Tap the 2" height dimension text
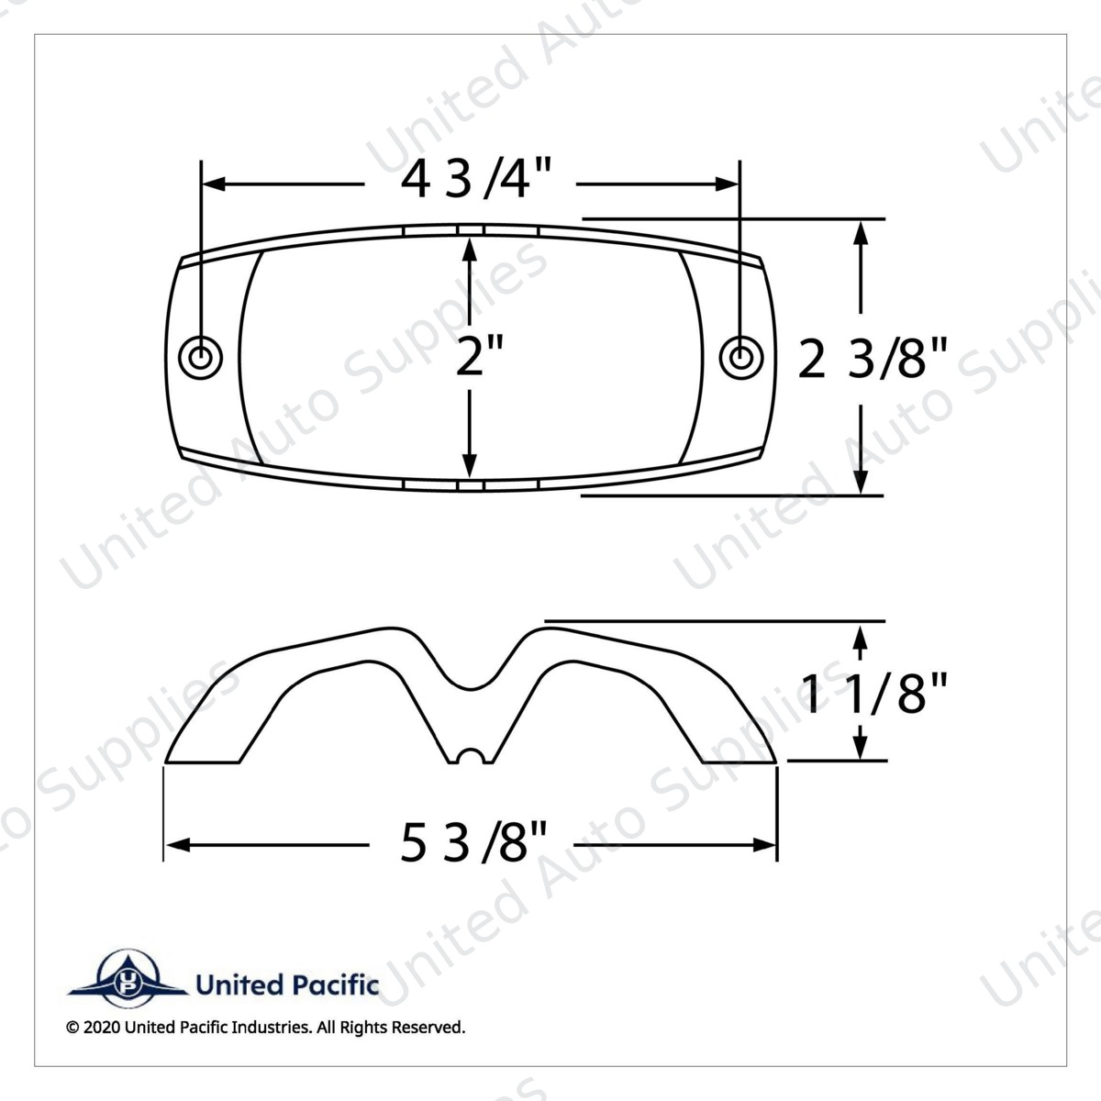(x=479, y=357)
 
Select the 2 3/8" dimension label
(x=872, y=358)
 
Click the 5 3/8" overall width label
(x=473, y=843)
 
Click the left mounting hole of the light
(x=200, y=358)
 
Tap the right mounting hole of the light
(x=741, y=358)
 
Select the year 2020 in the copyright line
(x=102, y=1043)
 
